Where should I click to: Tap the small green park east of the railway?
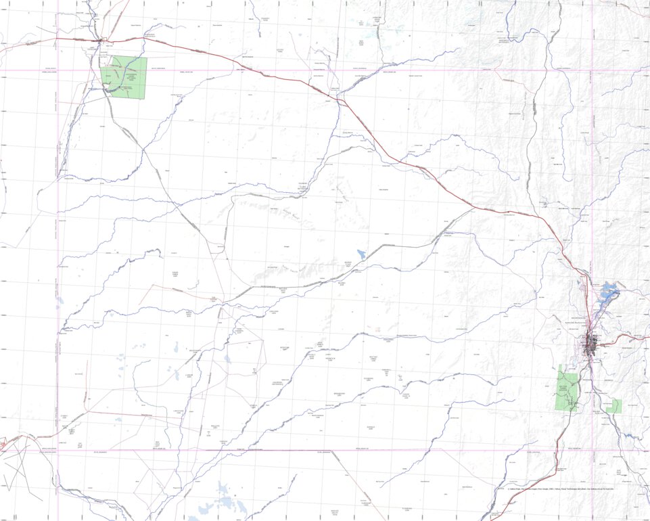pos(613,406)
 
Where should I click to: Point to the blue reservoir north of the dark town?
pos(607,294)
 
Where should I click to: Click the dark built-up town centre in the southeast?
pos(593,343)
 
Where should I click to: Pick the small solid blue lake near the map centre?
pos(362,254)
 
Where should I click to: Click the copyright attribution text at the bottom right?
pos(560,489)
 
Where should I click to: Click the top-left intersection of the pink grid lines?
pos(58,70)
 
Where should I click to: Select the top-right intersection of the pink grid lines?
pos(592,70)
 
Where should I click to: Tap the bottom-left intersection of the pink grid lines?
pos(58,450)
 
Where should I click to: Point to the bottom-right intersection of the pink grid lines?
pos(592,450)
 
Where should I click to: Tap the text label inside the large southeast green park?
pos(562,388)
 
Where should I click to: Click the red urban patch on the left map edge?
pos(3,445)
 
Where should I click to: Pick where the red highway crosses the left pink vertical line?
pos(58,38)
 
